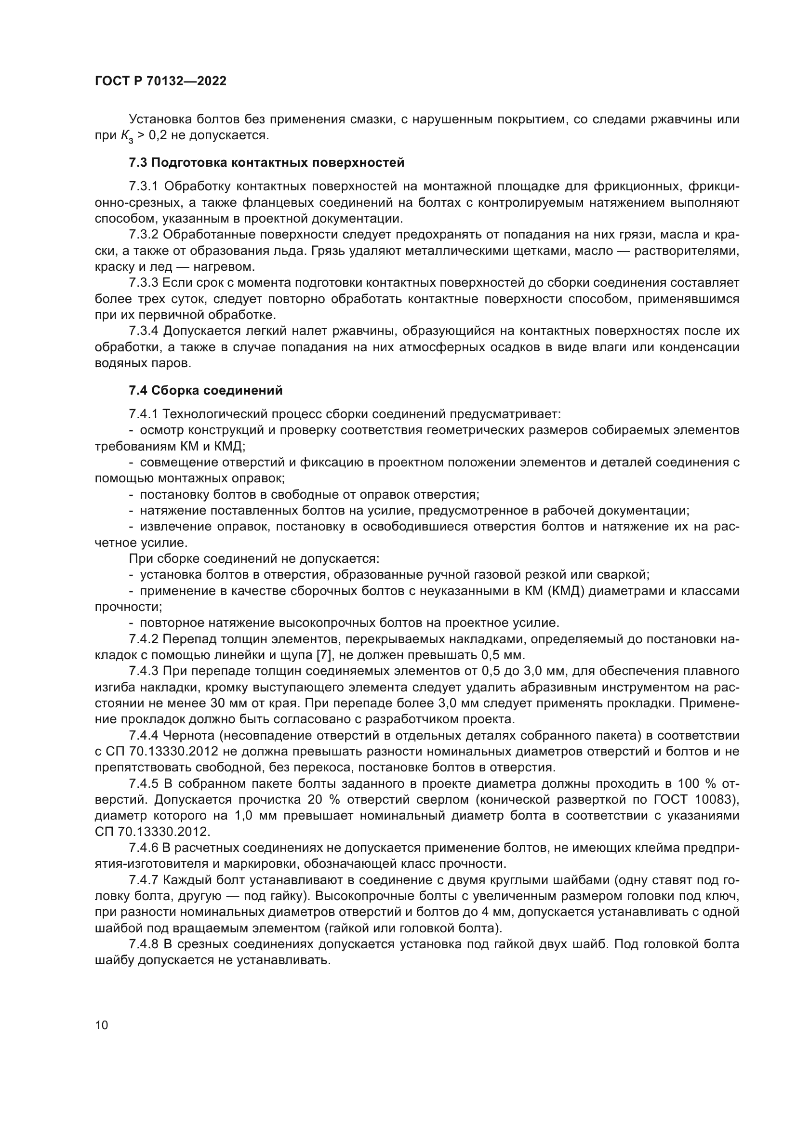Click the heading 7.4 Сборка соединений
coord(206,391)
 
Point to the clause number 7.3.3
coord(143,283)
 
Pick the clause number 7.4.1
coord(143,414)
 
